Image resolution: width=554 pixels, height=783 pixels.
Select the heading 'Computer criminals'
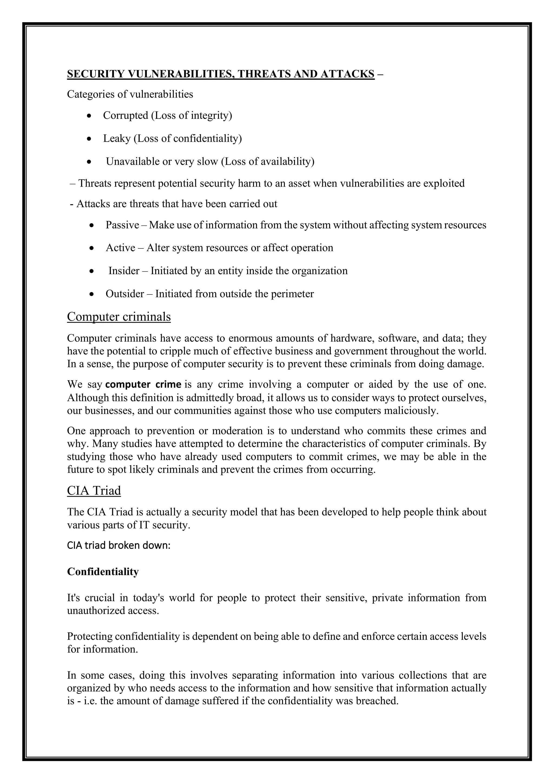click(119, 317)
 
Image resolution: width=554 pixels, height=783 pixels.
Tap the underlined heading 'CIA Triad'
click(94, 490)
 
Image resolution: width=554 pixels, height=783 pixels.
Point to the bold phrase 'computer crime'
click(143, 384)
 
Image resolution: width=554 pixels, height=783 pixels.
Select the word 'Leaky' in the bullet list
click(117, 138)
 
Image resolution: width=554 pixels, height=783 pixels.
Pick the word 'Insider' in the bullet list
click(124, 271)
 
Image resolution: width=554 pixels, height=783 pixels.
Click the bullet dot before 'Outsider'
click(91, 294)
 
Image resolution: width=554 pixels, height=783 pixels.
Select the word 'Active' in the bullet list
click(120, 248)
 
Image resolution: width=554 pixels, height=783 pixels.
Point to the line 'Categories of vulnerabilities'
click(130, 94)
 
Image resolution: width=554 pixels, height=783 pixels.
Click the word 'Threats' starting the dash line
click(95, 184)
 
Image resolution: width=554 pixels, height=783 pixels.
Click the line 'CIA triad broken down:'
click(119, 545)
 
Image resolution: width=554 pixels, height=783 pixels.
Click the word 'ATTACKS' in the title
click(347, 74)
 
